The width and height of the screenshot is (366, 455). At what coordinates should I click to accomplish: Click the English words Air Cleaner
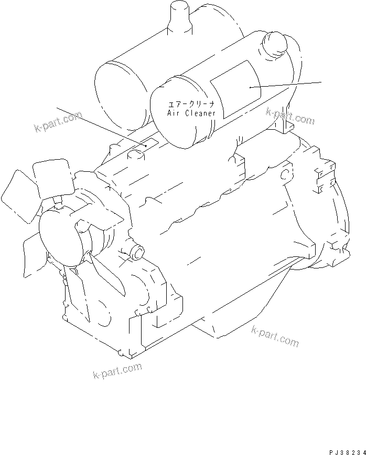tap(191, 112)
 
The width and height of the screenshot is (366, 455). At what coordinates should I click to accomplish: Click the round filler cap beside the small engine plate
tap(136, 154)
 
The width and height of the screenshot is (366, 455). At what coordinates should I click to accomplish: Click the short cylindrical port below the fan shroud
tap(137, 253)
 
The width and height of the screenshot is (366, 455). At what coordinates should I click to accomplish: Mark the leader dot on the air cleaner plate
tap(251, 86)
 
